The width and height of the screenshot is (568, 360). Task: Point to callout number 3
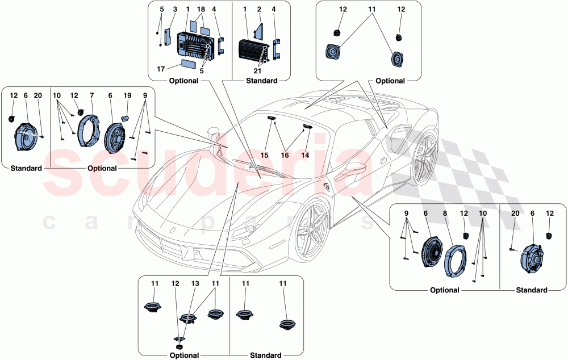[x=175, y=10]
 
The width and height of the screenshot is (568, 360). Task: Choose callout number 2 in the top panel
[x=258, y=10]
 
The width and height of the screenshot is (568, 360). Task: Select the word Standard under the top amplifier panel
[x=261, y=81]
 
